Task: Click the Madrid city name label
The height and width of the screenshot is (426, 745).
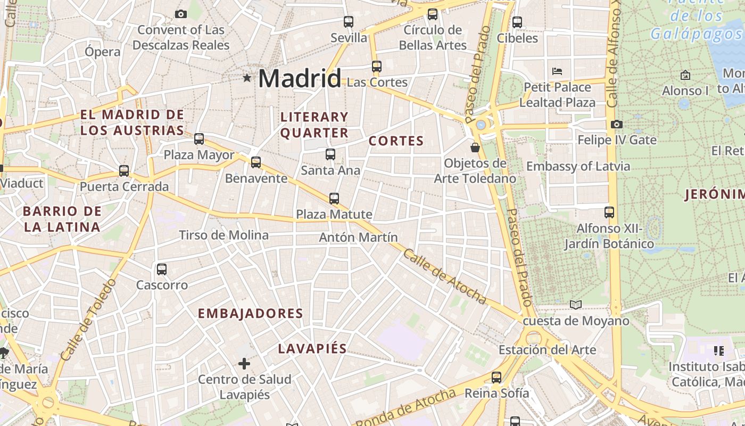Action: tap(299, 79)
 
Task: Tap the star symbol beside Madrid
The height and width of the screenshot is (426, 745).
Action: tap(247, 78)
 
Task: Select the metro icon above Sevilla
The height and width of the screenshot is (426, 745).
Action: tap(349, 22)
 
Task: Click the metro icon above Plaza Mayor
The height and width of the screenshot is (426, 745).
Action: tap(199, 139)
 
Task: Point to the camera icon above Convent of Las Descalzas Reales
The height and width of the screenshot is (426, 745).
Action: tap(181, 14)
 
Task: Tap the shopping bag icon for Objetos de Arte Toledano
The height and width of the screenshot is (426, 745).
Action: tap(475, 147)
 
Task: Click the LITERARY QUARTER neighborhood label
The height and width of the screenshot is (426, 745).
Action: tap(314, 125)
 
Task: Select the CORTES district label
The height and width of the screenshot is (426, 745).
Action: tap(396, 141)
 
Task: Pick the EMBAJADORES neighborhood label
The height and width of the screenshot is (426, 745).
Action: tap(250, 314)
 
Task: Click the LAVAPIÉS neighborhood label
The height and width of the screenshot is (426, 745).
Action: tap(312, 349)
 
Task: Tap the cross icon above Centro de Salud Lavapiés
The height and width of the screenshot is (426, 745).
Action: tap(244, 364)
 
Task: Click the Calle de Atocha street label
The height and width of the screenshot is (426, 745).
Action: tap(444, 276)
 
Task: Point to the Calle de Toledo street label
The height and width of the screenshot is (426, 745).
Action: tap(88, 319)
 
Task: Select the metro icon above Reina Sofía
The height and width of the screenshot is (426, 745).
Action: tap(496, 378)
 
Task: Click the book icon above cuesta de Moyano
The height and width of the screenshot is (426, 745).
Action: tap(576, 305)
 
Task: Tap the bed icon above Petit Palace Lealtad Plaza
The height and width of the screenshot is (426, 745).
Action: tap(557, 71)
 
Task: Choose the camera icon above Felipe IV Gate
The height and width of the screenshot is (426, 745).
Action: tap(617, 124)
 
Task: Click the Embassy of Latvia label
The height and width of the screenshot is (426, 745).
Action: tap(578, 166)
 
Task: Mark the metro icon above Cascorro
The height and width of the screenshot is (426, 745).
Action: tap(162, 269)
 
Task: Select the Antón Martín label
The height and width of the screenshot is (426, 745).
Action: tap(358, 237)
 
